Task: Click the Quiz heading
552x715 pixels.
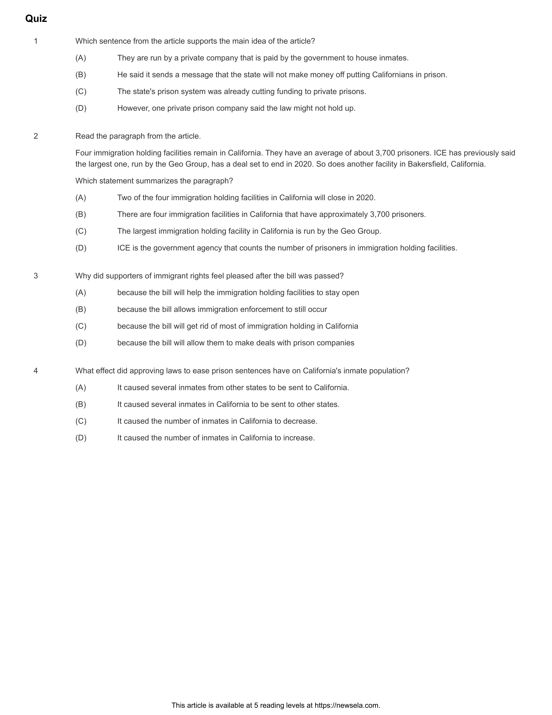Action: (x=36, y=19)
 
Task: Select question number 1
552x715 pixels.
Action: (x=36, y=41)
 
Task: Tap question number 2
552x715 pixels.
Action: (x=36, y=136)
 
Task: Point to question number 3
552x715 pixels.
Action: (x=36, y=276)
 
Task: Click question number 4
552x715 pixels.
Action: (x=36, y=371)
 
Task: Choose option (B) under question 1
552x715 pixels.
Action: (x=81, y=75)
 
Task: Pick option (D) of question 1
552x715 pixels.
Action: (x=81, y=108)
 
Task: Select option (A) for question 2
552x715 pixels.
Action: (x=81, y=198)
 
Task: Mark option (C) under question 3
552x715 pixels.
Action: (x=81, y=326)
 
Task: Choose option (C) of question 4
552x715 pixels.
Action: (x=81, y=421)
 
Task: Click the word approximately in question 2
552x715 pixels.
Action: (x=343, y=214)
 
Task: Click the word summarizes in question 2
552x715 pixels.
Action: (x=153, y=181)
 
